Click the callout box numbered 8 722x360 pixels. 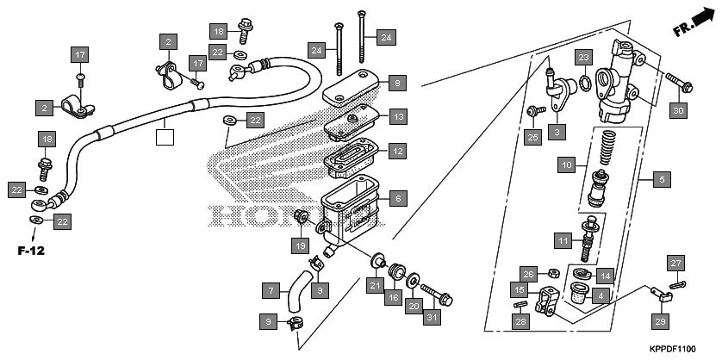pos(396,84)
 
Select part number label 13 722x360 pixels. pos(396,116)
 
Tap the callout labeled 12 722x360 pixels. pos(396,151)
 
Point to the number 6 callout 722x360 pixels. pos(396,198)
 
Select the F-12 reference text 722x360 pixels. pos(32,251)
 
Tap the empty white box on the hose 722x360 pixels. pos(163,134)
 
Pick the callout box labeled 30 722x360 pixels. pos(678,109)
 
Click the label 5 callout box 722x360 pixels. pos(662,179)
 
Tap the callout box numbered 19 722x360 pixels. pos(299,245)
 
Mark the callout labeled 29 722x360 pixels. pos(659,321)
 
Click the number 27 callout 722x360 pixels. pos(677,263)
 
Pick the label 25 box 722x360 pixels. pos(532,137)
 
